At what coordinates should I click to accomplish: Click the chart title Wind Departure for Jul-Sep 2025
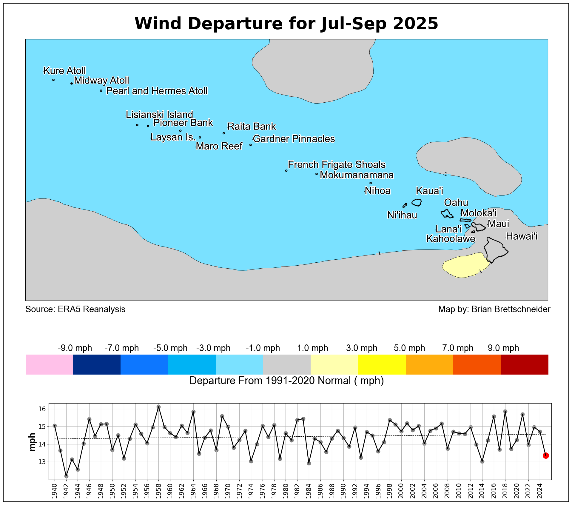[x=286, y=24]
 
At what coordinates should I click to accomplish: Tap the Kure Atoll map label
[x=64, y=71]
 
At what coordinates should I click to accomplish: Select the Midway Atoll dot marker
[x=72, y=84]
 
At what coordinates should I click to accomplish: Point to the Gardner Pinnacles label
[x=294, y=139]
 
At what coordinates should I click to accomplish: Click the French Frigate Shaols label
[x=337, y=164]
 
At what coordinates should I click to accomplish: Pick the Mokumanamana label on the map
[x=357, y=175]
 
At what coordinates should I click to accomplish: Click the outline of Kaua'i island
[x=417, y=202]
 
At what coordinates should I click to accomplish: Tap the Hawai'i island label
[x=522, y=236]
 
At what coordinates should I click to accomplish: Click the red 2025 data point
[x=546, y=455]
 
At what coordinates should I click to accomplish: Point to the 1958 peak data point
[x=158, y=407]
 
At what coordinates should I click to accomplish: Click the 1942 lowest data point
[x=66, y=476]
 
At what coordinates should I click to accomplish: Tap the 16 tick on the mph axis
[x=42, y=409]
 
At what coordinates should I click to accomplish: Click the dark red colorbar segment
[x=525, y=364]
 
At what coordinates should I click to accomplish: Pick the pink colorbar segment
[x=49, y=364]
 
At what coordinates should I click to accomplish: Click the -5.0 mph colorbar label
[x=170, y=348]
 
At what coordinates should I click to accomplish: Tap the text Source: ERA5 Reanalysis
[x=75, y=309]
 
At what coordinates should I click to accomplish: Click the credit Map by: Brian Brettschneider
[x=494, y=309]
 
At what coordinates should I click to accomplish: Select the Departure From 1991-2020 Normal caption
[x=286, y=381]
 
